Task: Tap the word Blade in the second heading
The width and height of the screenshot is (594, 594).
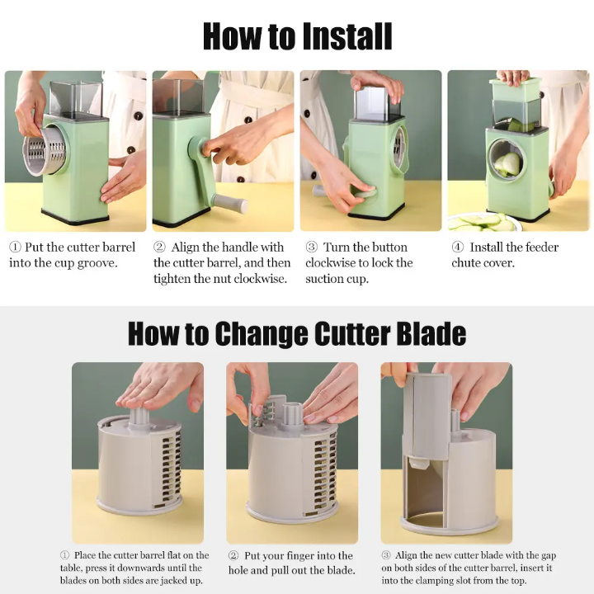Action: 431,333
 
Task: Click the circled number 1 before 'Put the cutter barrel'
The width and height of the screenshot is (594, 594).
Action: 15,247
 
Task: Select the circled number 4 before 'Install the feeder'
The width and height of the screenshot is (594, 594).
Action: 458,247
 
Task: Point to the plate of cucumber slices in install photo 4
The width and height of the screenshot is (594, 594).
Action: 482,223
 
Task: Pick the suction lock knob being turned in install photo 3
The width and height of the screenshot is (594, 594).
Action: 366,193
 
